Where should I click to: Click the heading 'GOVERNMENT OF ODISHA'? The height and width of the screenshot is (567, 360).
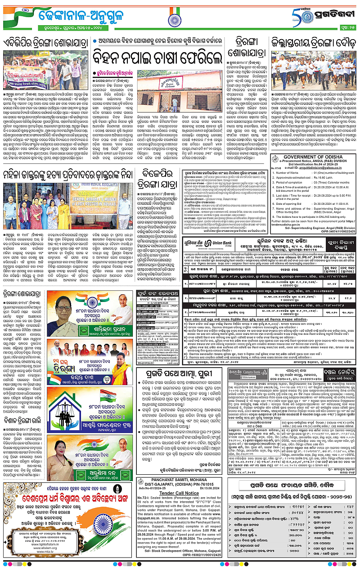(315, 159)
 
